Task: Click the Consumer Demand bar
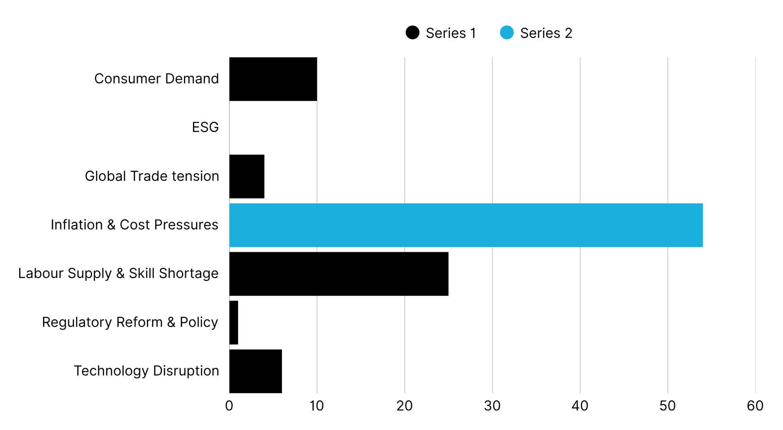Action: click(273, 79)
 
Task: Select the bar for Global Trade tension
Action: click(247, 176)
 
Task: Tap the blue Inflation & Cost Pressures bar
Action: click(466, 225)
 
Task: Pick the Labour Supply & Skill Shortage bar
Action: click(339, 274)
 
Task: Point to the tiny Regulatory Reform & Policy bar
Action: click(234, 322)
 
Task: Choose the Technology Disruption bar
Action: click(255, 371)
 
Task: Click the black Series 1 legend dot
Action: click(412, 32)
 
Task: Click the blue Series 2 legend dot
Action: click(507, 32)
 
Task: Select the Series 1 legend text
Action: click(451, 33)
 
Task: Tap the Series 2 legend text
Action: click(546, 33)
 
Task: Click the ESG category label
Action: click(205, 127)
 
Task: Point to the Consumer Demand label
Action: click(156, 79)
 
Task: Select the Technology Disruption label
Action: click(146, 371)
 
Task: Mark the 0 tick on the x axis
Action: click(229, 406)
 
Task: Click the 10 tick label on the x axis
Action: click(316, 406)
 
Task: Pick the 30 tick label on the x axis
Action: click(492, 406)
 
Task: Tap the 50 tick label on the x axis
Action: click(667, 406)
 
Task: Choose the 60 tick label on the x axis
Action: click(755, 406)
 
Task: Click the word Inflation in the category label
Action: click(77, 225)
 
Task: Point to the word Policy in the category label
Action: click(198, 322)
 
